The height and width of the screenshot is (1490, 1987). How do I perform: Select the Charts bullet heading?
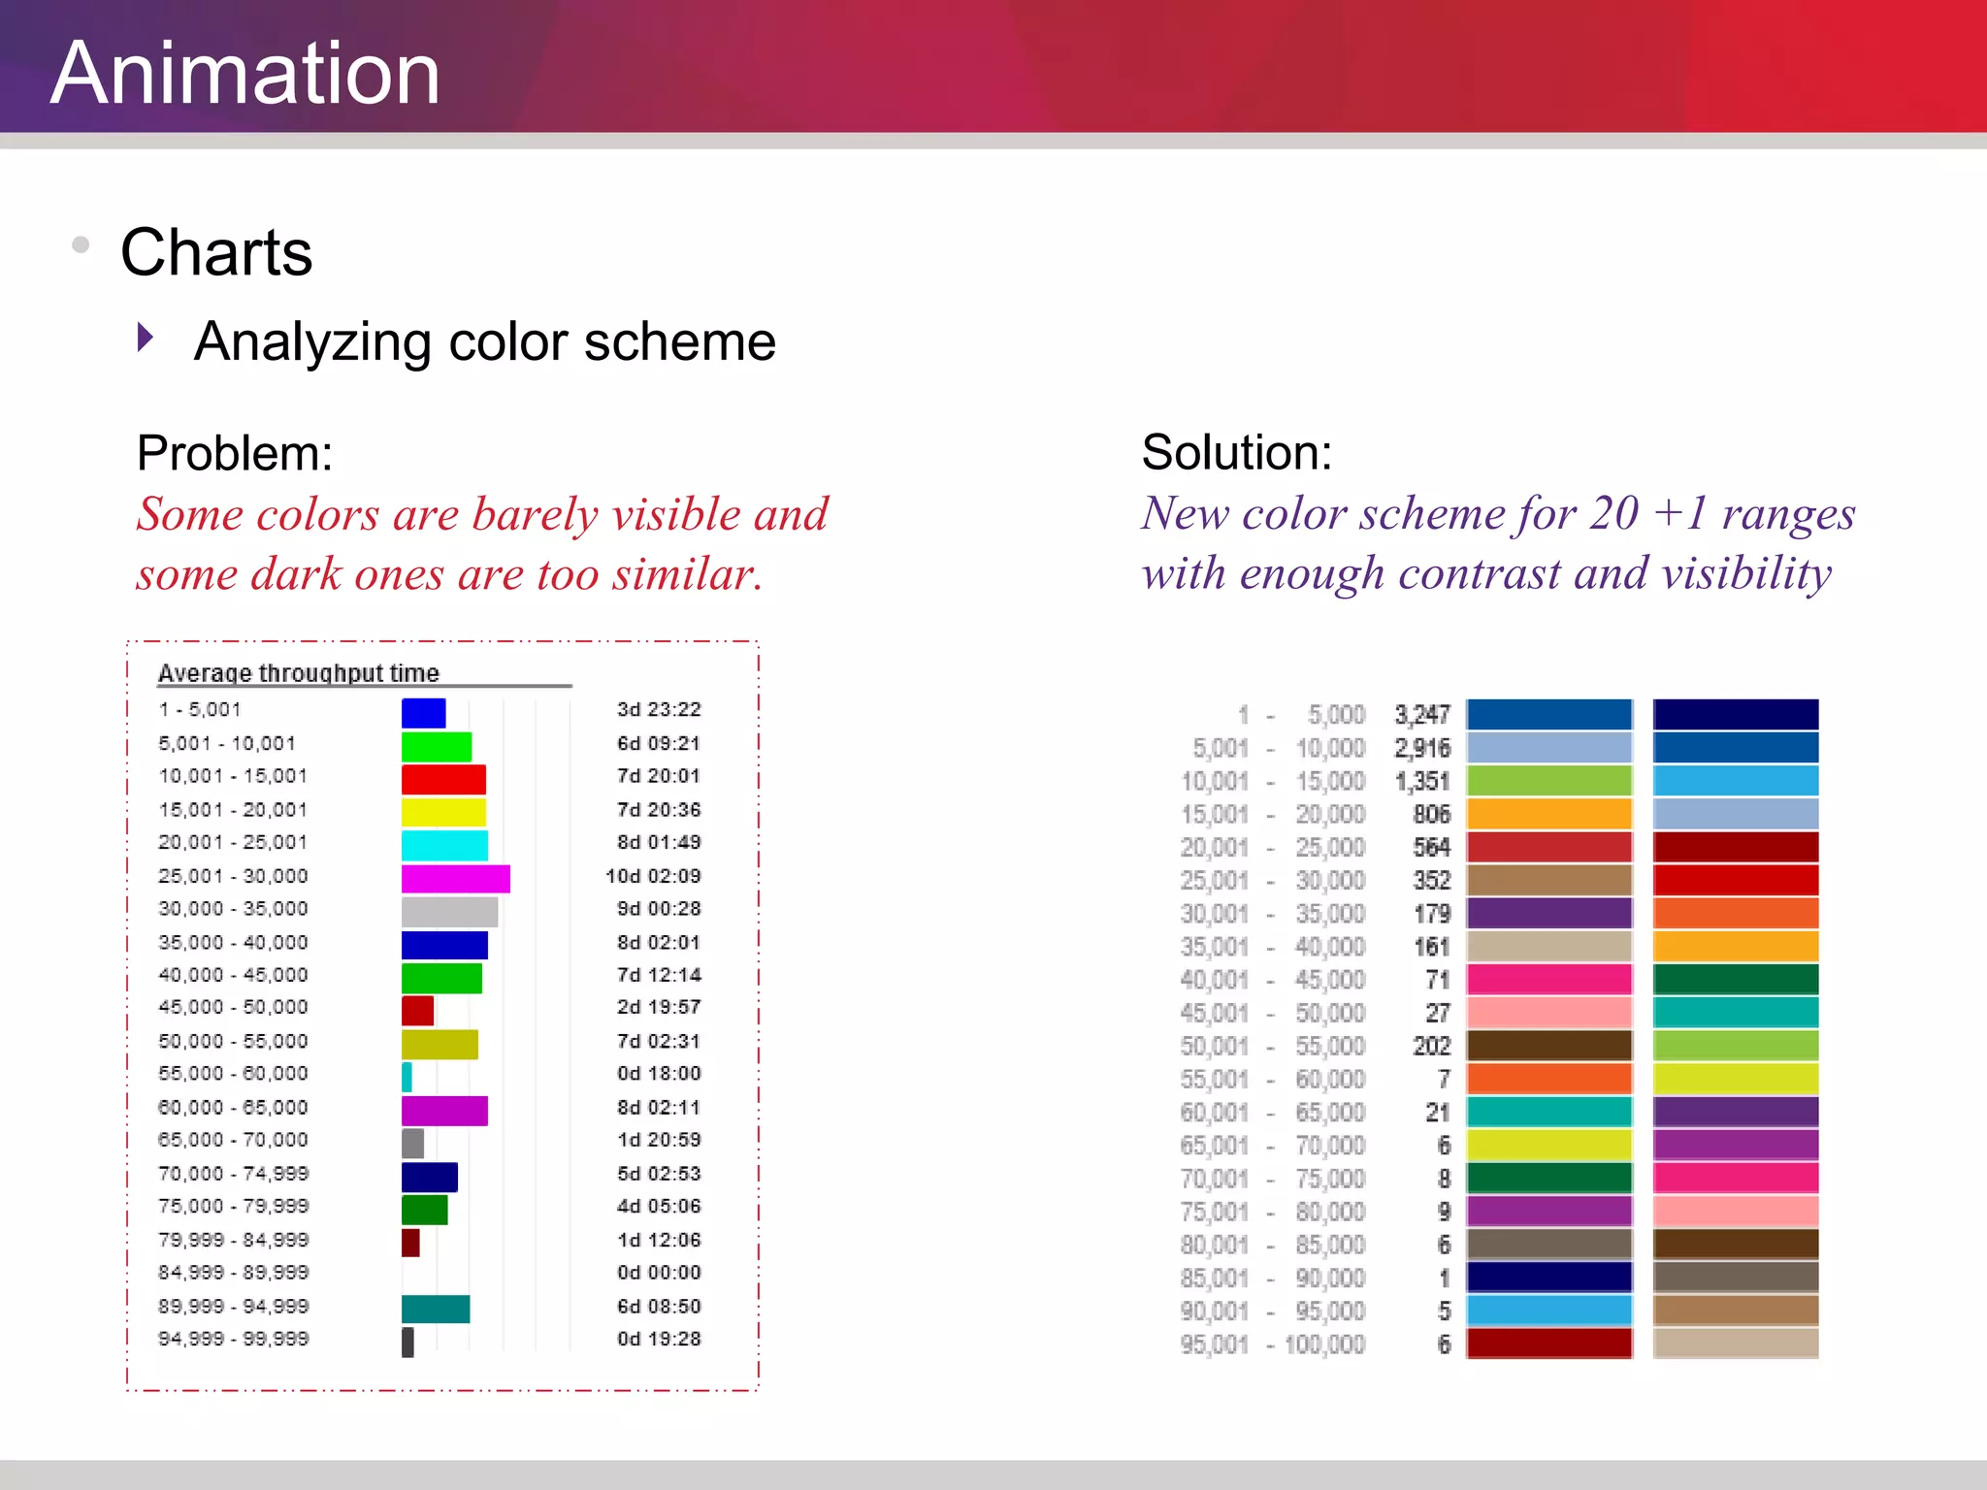[x=215, y=252]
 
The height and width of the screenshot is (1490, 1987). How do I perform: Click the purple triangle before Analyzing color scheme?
[x=146, y=338]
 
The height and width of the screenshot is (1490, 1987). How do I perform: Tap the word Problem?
[x=235, y=453]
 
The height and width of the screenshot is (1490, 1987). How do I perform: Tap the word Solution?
[x=1236, y=452]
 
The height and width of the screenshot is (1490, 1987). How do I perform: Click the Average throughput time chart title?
[x=298, y=672]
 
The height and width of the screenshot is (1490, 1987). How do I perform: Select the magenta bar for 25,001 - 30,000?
[x=455, y=878]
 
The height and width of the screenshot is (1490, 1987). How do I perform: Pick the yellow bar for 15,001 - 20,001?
[x=443, y=812]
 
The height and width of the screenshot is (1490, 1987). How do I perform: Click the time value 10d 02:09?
[x=653, y=876]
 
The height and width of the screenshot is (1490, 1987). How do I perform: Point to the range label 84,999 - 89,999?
[x=233, y=1272]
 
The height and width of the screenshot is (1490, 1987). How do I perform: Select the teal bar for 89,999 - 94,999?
[x=436, y=1309]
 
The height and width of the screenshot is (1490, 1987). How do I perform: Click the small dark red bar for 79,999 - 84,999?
[x=410, y=1242]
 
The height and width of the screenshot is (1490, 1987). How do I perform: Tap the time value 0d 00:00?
[x=658, y=1272]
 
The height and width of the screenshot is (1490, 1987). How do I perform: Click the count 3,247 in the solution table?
[x=1421, y=715]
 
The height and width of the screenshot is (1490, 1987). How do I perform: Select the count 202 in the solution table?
[x=1431, y=1046]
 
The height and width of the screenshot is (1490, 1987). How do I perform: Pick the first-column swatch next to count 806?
[x=1548, y=814]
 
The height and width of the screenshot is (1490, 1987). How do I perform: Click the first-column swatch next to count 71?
[x=1548, y=979]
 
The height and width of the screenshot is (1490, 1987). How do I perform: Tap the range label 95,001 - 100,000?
[x=1272, y=1344]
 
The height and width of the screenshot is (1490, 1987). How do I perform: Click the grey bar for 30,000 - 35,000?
[x=449, y=912]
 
